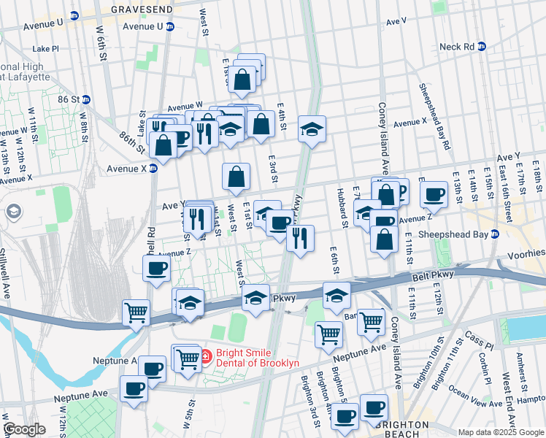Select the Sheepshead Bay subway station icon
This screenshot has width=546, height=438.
coord(494,234)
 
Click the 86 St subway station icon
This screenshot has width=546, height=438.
coord(85,99)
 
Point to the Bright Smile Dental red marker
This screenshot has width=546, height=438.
coord(206,357)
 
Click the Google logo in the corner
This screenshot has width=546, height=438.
coord(24,429)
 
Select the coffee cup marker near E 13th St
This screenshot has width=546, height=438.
coord(434,194)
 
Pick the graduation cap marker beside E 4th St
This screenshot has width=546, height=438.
coord(312,130)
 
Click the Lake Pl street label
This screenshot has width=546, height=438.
coord(45,49)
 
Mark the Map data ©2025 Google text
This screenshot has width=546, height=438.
coord(501,432)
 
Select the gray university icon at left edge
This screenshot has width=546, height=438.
coord(12,212)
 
